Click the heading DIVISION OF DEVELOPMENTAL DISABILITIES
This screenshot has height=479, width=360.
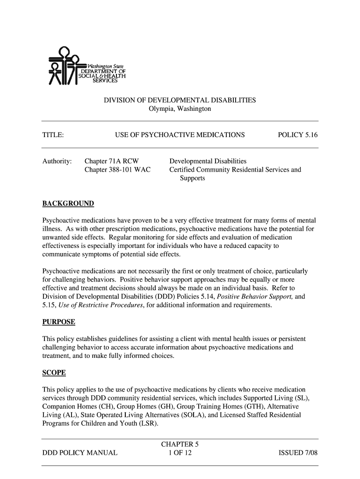point(180,101)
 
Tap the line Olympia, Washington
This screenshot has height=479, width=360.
point(180,109)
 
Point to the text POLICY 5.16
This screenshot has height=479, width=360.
point(297,135)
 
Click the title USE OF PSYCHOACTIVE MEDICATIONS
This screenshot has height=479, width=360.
point(180,135)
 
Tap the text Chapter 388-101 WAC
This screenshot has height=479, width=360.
point(117,170)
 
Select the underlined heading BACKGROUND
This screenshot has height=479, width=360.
point(68,203)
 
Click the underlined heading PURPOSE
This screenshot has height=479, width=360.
point(59,322)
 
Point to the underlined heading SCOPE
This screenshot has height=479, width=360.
point(54,373)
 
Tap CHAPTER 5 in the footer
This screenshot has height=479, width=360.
point(180,444)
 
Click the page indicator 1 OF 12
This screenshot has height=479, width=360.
point(180,453)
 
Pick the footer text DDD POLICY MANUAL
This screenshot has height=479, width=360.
point(80,453)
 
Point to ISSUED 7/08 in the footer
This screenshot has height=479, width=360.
point(298,453)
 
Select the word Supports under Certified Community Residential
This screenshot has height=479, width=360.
point(192,178)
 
